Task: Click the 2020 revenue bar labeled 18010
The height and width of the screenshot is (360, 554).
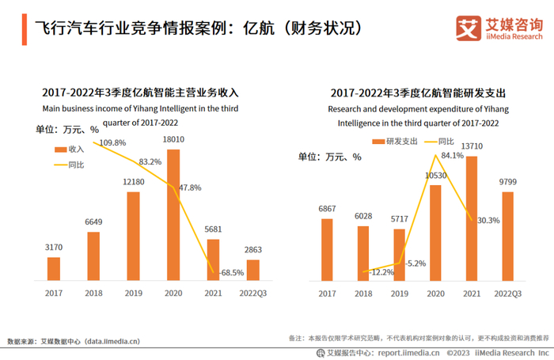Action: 173,214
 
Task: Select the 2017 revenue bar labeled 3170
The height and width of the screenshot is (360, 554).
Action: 54,269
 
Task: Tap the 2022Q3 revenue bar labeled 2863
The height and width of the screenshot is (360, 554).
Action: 252,270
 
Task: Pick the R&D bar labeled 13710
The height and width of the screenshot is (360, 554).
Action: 472,218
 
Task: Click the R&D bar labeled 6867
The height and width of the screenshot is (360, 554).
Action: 327,249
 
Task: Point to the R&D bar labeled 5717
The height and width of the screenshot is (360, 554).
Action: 399,255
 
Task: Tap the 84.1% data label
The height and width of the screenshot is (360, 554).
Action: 452,155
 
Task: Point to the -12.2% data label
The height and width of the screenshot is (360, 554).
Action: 381,272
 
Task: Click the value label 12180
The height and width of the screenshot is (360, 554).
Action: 133,183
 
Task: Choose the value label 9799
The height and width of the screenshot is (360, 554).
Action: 507,182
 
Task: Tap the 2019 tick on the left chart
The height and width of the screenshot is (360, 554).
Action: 133,293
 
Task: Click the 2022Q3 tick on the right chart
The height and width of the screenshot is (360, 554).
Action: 507,294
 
